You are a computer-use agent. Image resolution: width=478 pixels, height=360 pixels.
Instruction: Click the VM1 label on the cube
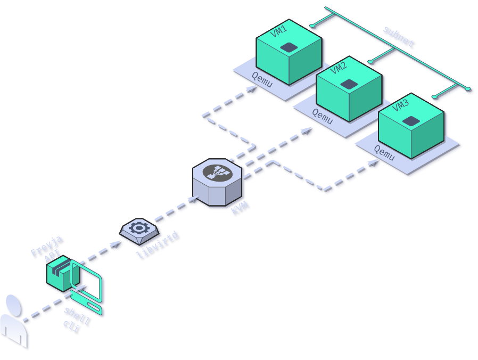[278, 31]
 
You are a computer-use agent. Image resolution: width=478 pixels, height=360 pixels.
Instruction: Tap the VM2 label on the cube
[339, 68]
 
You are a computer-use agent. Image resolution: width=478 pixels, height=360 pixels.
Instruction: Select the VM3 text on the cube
[400, 105]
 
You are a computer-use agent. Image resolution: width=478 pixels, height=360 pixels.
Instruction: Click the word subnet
[398, 37]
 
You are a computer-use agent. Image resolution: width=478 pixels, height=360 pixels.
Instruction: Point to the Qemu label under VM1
[262, 80]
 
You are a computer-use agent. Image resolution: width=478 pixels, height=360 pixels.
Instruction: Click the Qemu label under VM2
[323, 116]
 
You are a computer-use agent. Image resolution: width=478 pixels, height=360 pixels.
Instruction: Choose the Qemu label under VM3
[384, 153]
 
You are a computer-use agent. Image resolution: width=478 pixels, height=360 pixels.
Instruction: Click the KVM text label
[240, 208]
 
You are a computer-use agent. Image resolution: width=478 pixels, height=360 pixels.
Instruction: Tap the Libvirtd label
[158, 245]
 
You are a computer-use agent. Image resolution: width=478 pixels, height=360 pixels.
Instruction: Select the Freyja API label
[47, 249]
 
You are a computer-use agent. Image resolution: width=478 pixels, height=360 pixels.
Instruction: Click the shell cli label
[76, 319]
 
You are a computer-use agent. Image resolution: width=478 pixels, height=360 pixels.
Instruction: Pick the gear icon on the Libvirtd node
[139, 228]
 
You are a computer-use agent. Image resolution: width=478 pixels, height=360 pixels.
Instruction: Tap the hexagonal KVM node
[217, 181]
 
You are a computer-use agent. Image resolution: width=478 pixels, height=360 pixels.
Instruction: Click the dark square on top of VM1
[289, 47]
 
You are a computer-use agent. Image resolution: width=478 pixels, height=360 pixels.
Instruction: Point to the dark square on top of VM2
[349, 84]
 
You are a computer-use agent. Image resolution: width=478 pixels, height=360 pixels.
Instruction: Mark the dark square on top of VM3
[410, 121]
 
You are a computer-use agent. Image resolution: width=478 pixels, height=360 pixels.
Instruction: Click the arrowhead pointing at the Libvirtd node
[116, 244]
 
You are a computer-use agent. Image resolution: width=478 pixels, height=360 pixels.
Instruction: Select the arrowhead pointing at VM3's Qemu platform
[375, 161]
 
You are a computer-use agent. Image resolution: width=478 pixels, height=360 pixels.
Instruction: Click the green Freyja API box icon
[60, 274]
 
